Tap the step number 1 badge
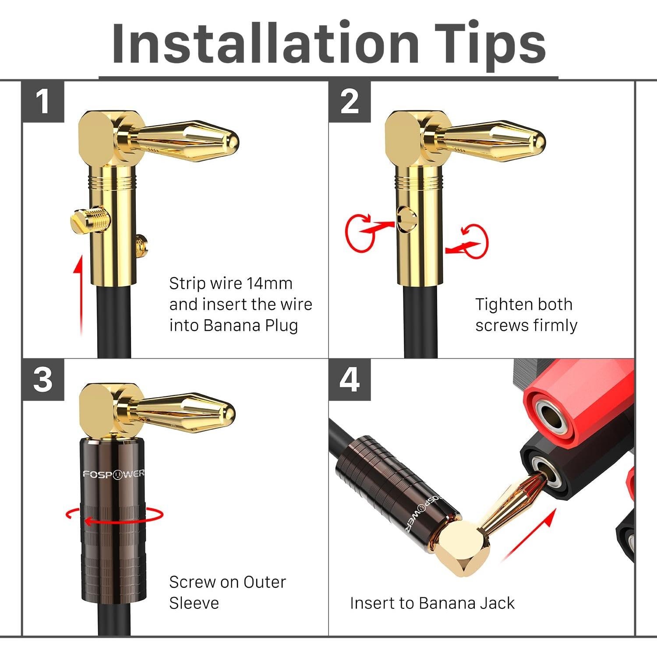[x=43, y=102]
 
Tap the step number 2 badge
[x=350, y=102]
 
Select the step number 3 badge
[x=43, y=379]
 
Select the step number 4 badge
[x=350, y=379]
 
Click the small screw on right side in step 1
[x=141, y=246]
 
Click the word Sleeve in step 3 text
[x=194, y=603]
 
